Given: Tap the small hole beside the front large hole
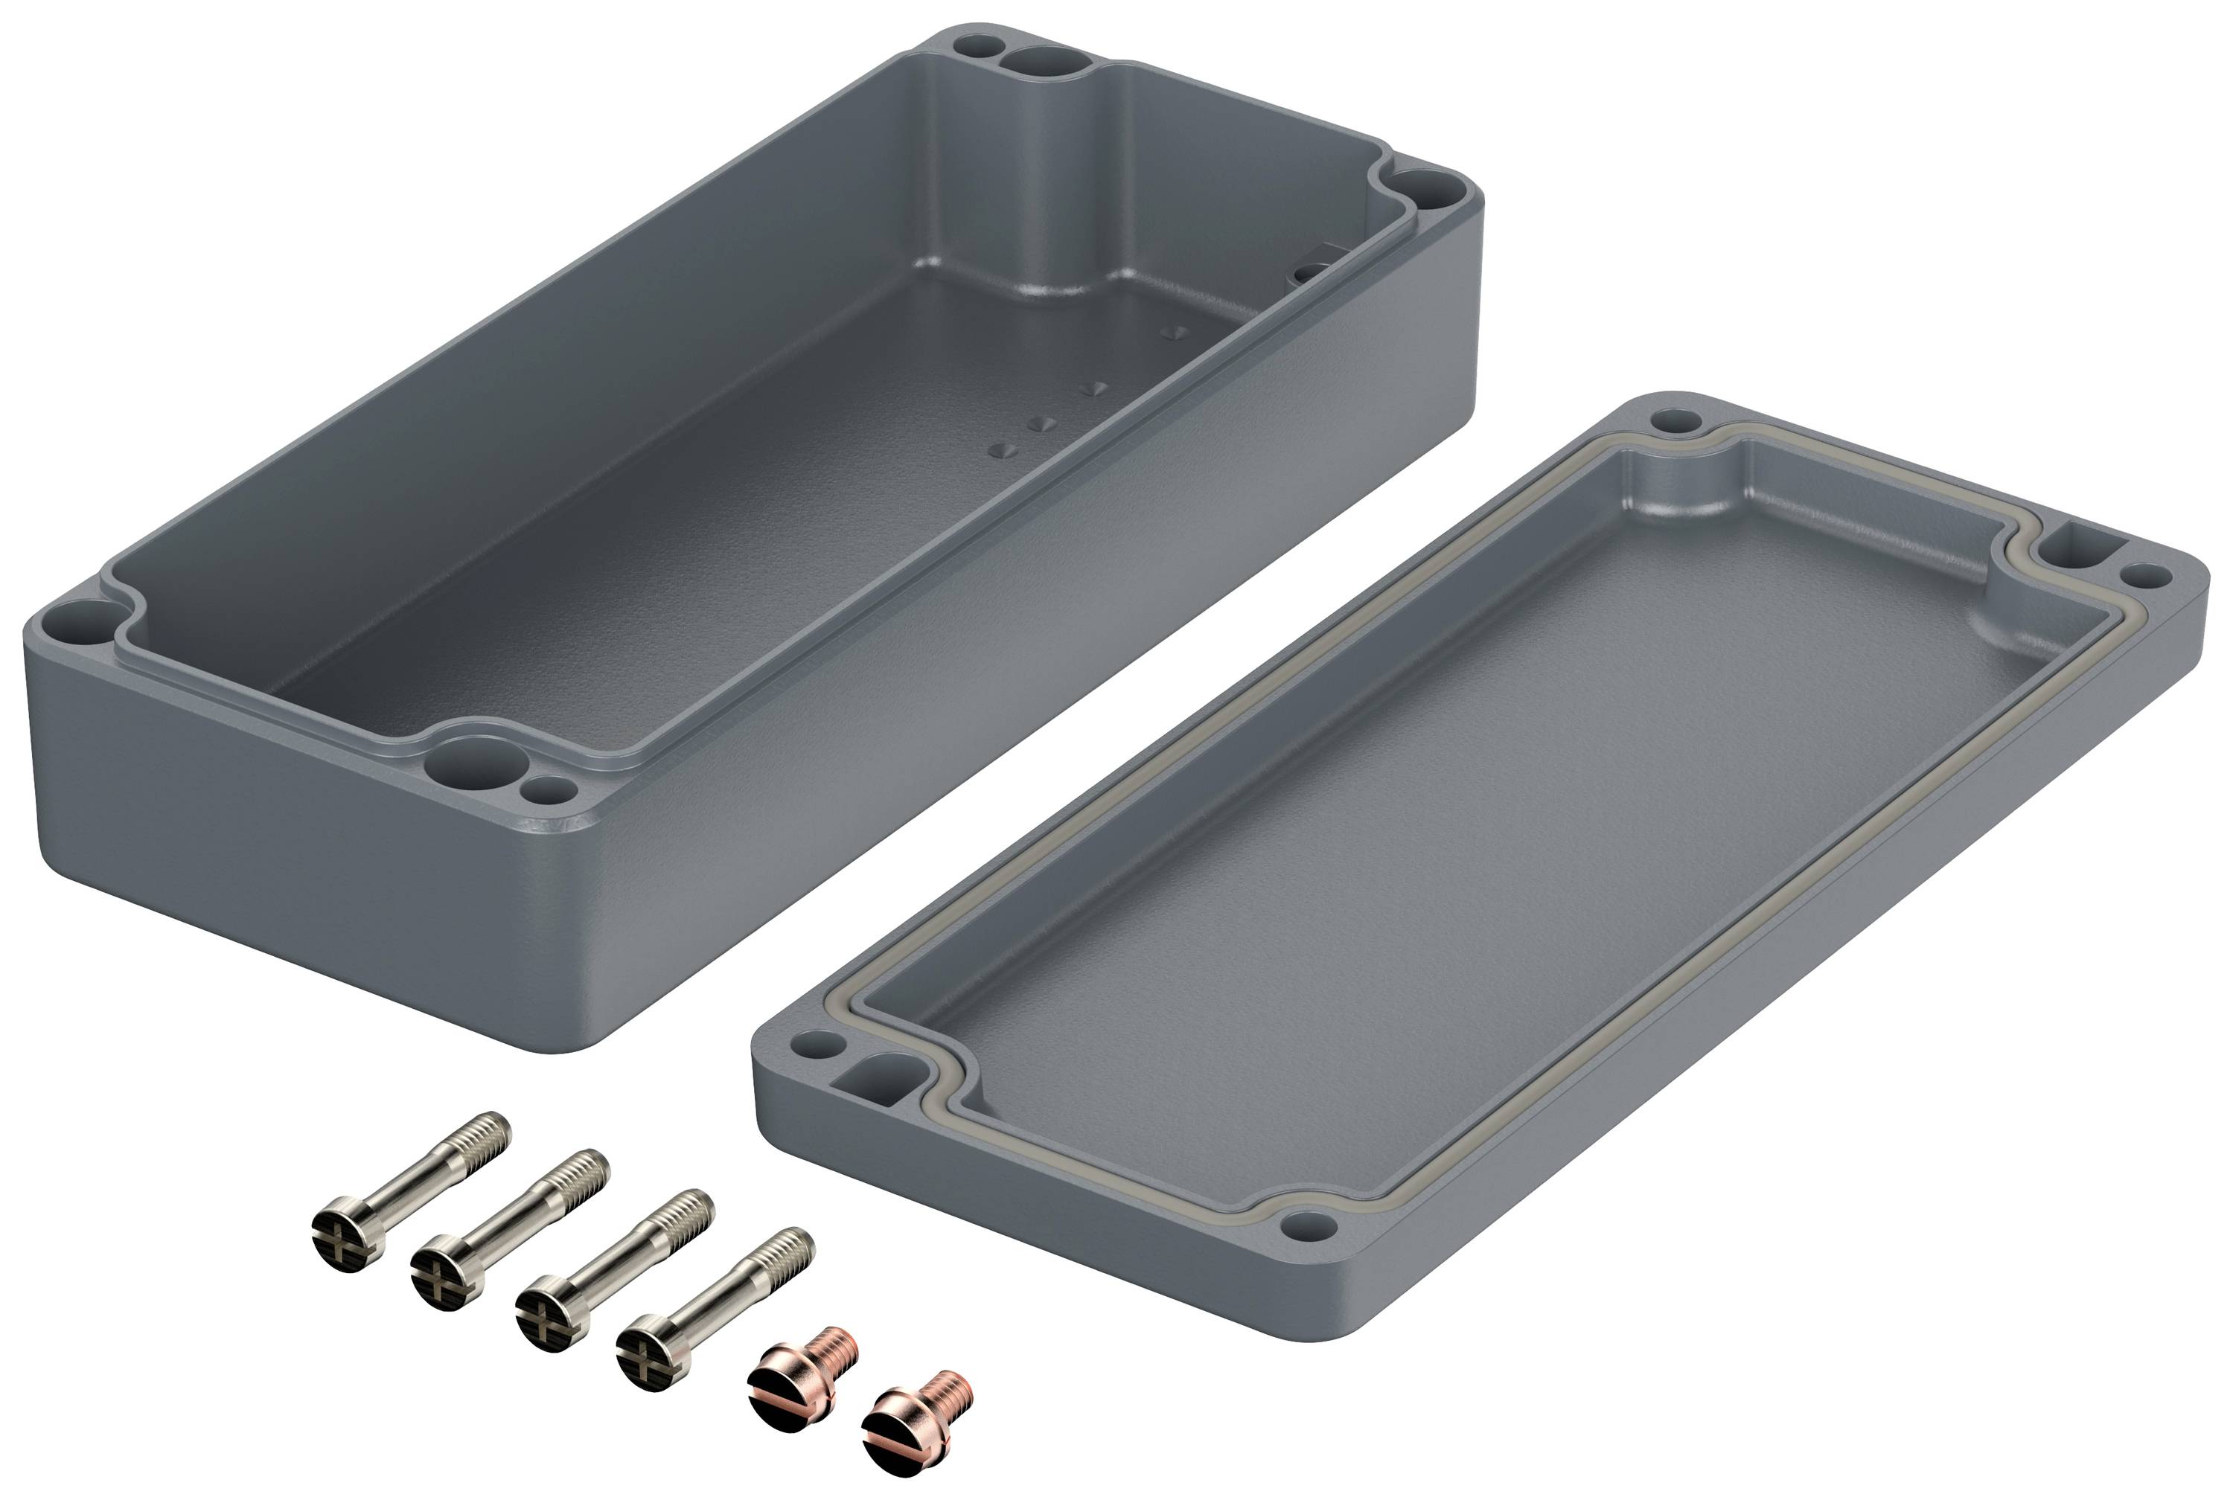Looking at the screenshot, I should click(549, 790).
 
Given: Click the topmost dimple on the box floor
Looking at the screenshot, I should click(1174, 333).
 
